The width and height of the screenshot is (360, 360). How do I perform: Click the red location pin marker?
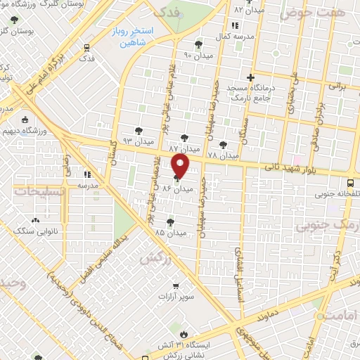(181, 167)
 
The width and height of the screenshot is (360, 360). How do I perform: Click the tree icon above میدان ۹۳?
(137, 130)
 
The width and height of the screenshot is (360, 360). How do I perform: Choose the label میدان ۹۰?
(198, 55)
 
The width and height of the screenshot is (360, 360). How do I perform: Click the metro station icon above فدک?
(86, 48)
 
